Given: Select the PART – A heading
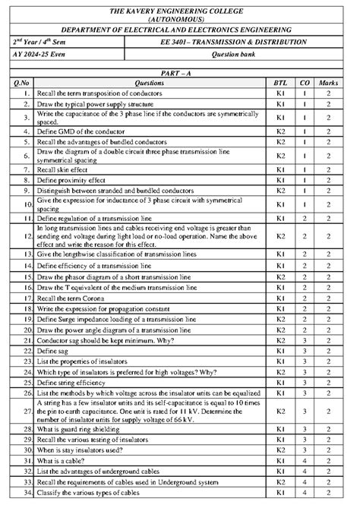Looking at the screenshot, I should [180, 70].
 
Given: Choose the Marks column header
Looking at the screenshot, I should [328, 80].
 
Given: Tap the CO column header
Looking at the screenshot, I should [304, 80].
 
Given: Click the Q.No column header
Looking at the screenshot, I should [22, 80].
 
